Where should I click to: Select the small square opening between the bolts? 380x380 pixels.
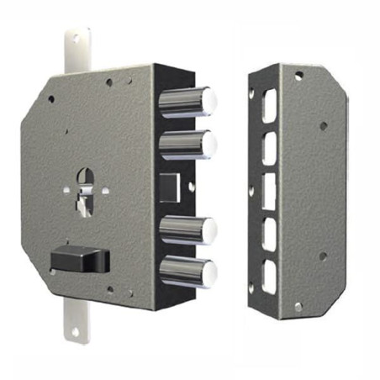[171, 187]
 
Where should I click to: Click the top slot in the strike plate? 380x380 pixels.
[268, 104]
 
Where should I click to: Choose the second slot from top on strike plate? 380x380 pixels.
[268, 147]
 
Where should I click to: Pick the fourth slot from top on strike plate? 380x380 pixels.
[269, 232]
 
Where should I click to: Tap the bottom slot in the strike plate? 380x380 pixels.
[270, 275]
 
